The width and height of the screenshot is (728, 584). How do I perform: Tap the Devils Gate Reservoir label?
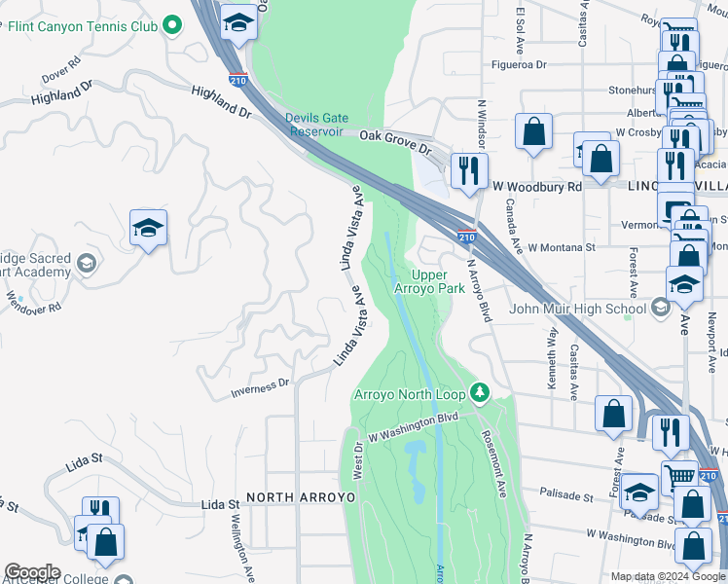click(314, 125)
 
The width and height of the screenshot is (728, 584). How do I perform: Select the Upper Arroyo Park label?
click(429, 281)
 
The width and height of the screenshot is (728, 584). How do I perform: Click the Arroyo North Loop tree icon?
click(479, 392)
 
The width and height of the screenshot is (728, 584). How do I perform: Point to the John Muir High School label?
click(578, 310)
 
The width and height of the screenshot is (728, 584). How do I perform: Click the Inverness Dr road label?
click(260, 388)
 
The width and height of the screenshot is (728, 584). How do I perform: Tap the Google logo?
click(32, 572)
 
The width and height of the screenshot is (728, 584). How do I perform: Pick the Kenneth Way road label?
click(553, 359)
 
